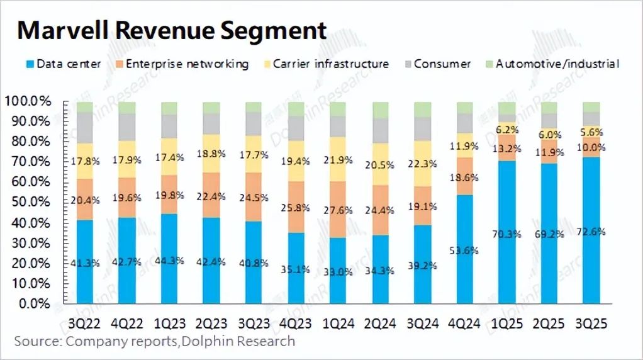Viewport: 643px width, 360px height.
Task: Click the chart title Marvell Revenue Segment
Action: pyautogui.click(x=172, y=30)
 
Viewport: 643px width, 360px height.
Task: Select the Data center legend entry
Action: pyautogui.click(x=63, y=64)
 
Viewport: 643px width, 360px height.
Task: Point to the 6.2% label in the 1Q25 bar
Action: pyautogui.click(x=506, y=130)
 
